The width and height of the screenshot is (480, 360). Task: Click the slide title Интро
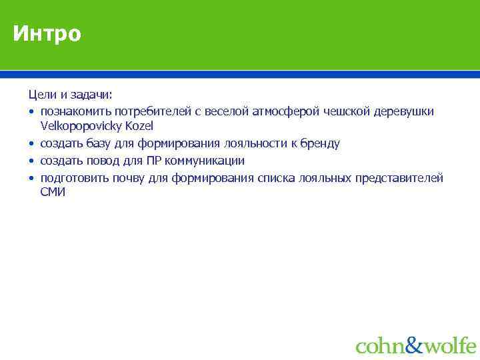(47, 33)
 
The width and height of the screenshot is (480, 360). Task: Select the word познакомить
(75, 111)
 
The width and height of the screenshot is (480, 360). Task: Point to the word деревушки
(406, 111)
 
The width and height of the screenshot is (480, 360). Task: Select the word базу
(99, 143)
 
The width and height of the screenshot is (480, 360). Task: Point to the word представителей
(401, 178)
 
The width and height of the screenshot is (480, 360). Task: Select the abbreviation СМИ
(53, 193)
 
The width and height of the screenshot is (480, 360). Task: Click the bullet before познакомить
(31, 111)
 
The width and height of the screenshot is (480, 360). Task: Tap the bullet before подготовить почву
(31, 178)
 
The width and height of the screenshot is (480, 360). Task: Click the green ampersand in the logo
(414, 345)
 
